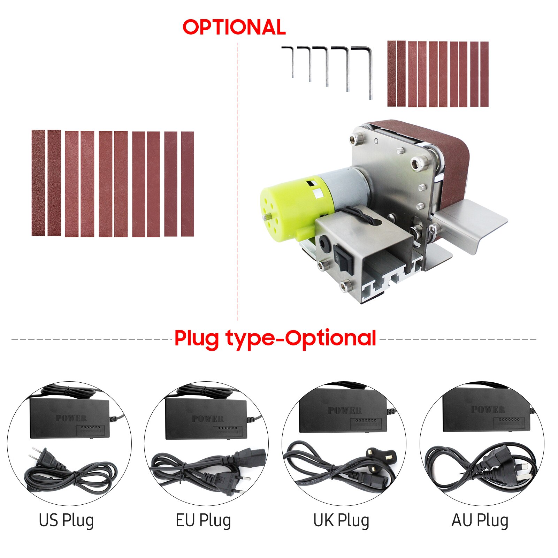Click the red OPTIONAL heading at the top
pyautogui.click(x=234, y=27)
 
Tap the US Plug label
pyautogui.click(x=66, y=520)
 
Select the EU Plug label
pyautogui.click(x=203, y=520)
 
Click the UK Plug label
pyautogui.click(x=341, y=520)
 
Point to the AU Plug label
pyautogui.click(x=480, y=520)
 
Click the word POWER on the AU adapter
pyautogui.click(x=488, y=409)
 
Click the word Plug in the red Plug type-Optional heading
pyautogui.click(x=196, y=338)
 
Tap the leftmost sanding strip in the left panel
pyautogui.click(x=38, y=183)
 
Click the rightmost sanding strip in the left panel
pyautogui.click(x=188, y=184)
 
